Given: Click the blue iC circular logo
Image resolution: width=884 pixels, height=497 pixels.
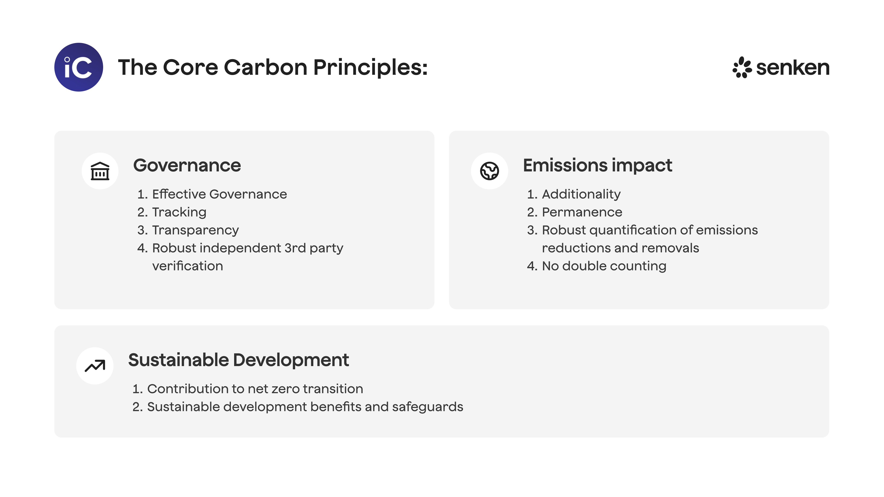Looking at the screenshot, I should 79,67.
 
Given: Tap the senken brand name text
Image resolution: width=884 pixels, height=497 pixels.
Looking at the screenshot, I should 793,68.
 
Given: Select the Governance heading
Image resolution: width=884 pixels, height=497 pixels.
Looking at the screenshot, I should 187,165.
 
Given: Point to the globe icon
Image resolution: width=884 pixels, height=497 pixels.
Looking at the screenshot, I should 489,171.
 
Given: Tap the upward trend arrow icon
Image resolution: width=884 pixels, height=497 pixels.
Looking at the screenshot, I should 95,366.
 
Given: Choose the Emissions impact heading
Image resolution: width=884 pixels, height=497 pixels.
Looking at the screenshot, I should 597,165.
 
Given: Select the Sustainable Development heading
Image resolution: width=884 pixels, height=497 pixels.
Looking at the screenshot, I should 238,360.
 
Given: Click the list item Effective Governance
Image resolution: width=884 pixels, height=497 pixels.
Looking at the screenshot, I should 219,194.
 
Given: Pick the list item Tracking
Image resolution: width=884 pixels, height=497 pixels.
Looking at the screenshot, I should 179,212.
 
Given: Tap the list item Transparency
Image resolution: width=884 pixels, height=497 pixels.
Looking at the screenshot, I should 195,230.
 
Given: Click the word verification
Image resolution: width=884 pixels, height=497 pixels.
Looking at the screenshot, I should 187,266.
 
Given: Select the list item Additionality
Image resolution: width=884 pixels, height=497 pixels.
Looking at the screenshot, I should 581,194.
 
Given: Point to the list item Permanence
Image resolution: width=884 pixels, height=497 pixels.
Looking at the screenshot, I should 582,212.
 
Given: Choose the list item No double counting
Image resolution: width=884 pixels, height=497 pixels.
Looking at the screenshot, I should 604,266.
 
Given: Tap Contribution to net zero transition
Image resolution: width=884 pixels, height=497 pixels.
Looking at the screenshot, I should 255,389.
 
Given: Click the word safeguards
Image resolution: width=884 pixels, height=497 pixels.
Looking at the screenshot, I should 427,407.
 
